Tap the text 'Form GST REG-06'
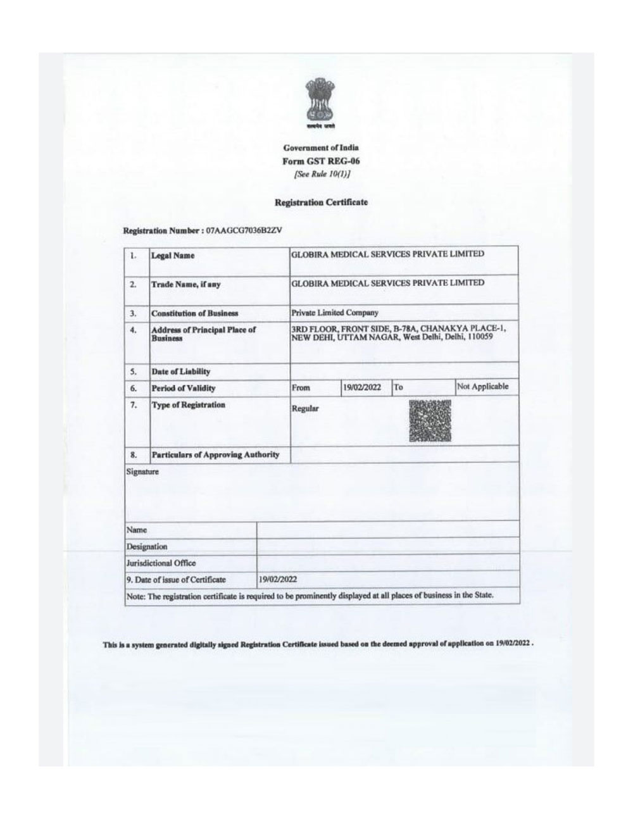point(321,161)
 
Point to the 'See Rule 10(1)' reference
point(321,173)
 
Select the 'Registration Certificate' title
point(321,203)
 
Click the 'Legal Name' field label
point(173,256)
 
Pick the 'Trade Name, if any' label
point(185,285)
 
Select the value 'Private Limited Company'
point(334,312)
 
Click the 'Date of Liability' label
point(180,372)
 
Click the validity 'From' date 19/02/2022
point(361,387)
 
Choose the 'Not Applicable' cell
point(482,387)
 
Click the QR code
point(430,420)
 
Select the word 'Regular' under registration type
point(305,409)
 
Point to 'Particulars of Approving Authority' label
point(215,454)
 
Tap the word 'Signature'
point(142,472)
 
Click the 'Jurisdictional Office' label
point(161,563)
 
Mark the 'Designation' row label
point(147,546)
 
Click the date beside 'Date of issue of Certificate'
point(279,579)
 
